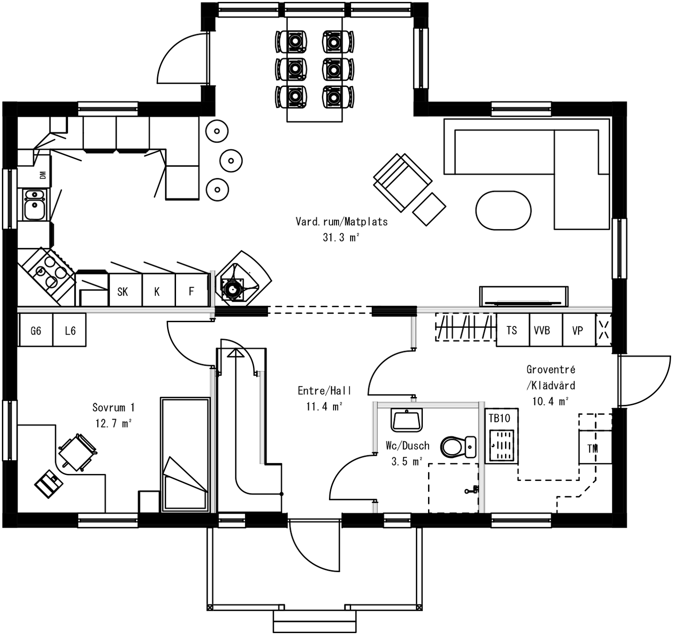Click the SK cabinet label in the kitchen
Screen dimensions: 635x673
pos(123,292)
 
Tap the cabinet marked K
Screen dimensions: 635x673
pos(157,292)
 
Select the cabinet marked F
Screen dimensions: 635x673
pos(191,292)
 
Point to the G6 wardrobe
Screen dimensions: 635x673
pos(36,331)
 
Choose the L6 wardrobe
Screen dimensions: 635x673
pos(70,331)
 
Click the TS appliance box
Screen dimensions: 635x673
pos(512,330)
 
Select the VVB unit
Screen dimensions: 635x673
pos(542,330)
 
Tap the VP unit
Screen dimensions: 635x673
pos(578,330)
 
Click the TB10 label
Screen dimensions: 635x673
pos(499,418)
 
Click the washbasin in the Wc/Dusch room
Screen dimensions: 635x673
pos(406,420)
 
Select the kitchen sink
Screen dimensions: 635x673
pos(34,205)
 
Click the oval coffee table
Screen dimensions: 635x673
pos(503,210)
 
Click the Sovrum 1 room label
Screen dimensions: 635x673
pos(113,407)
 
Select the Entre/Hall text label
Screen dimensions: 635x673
pos(324,391)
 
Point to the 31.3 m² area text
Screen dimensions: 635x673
pos(341,237)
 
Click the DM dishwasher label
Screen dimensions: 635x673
pos(43,175)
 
